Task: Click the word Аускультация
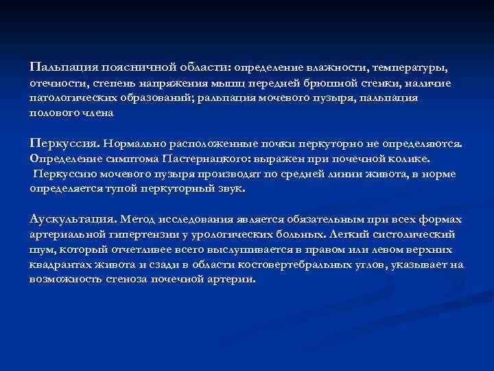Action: point(73,220)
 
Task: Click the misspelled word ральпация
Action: point(222,98)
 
